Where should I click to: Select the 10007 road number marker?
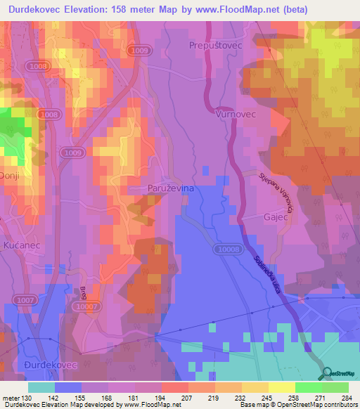click(x=85, y=306)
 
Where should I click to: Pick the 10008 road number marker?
click(x=228, y=249)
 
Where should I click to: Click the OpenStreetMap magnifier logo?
click(x=326, y=375)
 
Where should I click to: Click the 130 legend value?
click(x=27, y=397)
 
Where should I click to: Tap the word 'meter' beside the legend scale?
click(x=11, y=397)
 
